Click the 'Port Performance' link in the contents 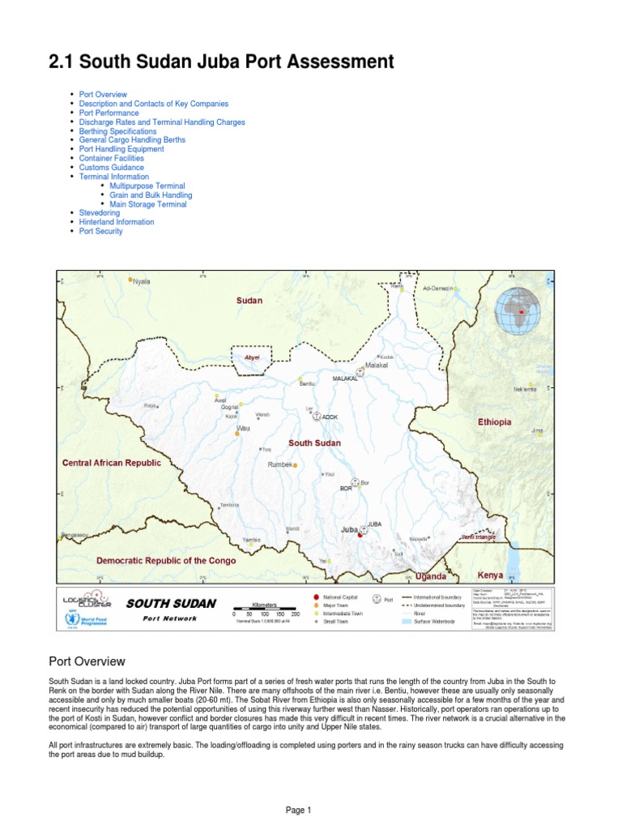109,113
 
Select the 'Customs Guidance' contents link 111,168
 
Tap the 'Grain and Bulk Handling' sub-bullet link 151,195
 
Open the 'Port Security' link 100,231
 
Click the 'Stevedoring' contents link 99,213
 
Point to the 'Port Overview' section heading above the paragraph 87,662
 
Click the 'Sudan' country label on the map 249,301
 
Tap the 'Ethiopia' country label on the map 494,422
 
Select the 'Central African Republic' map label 112,463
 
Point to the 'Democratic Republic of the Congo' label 166,561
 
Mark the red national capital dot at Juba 360,535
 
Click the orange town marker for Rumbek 296,465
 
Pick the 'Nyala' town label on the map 141,281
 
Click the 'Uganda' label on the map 430,576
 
